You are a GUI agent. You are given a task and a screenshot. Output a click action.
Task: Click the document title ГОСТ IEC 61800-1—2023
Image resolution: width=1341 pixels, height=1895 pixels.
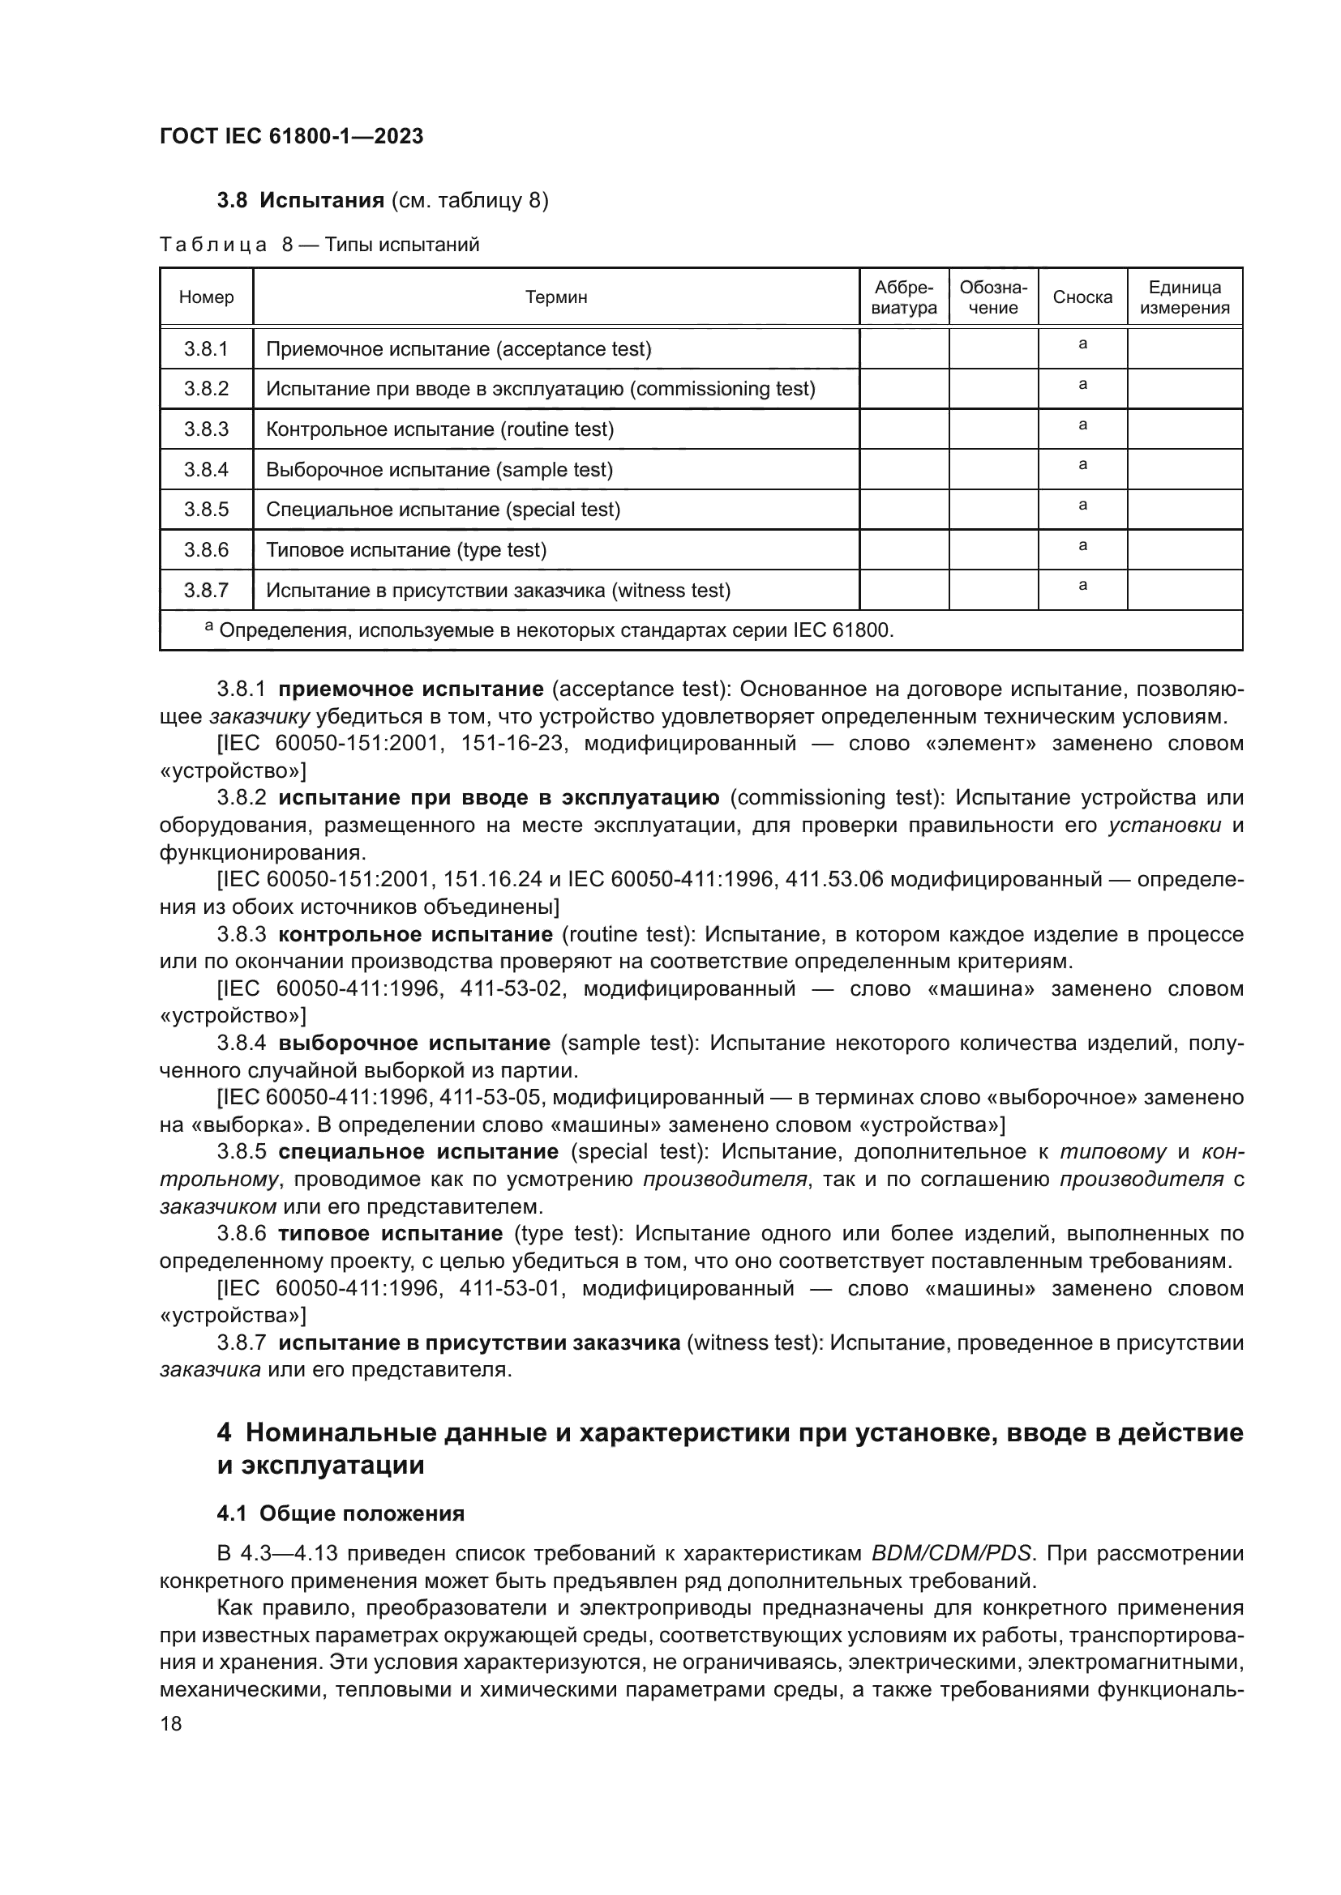pyautogui.click(x=292, y=137)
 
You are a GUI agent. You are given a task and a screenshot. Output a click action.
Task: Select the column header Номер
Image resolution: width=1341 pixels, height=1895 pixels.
pyautogui.click(x=207, y=297)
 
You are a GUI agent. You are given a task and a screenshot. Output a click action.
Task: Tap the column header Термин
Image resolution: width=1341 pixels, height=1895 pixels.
pyautogui.click(x=555, y=297)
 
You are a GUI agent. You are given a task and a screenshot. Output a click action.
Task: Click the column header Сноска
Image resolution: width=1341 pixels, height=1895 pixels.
pyautogui.click(x=1082, y=297)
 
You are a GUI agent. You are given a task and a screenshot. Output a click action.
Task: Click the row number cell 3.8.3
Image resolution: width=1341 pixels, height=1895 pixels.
pyautogui.click(x=207, y=429)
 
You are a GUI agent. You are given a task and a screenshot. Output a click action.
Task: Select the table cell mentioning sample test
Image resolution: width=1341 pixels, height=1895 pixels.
pyautogui.click(x=439, y=470)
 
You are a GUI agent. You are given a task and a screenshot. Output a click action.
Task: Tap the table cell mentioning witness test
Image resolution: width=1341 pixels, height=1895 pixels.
pyautogui.click(x=498, y=591)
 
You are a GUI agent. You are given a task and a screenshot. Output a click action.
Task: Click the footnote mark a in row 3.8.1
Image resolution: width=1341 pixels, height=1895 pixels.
pyautogui.click(x=1082, y=344)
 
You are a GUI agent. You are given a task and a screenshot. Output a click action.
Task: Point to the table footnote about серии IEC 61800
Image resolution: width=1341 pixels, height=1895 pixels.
pyautogui.click(x=549, y=631)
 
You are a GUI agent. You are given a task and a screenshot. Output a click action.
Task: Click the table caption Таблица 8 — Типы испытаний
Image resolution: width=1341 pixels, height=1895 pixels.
pyautogui.click(x=319, y=245)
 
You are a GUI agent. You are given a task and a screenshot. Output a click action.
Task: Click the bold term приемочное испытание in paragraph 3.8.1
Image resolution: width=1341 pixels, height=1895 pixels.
pyautogui.click(x=411, y=689)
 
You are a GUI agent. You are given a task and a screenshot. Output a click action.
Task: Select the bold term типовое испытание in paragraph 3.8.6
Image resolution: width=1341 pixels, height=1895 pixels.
pyautogui.click(x=391, y=1234)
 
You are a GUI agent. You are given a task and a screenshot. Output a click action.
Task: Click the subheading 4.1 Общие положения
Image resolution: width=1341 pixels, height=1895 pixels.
pyautogui.click(x=341, y=1513)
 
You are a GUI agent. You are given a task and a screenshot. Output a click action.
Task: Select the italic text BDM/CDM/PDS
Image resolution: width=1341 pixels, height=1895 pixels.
pyautogui.click(x=951, y=1553)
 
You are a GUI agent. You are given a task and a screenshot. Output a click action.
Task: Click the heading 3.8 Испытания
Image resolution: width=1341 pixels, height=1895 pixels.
pyautogui.click(x=301, y=201)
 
